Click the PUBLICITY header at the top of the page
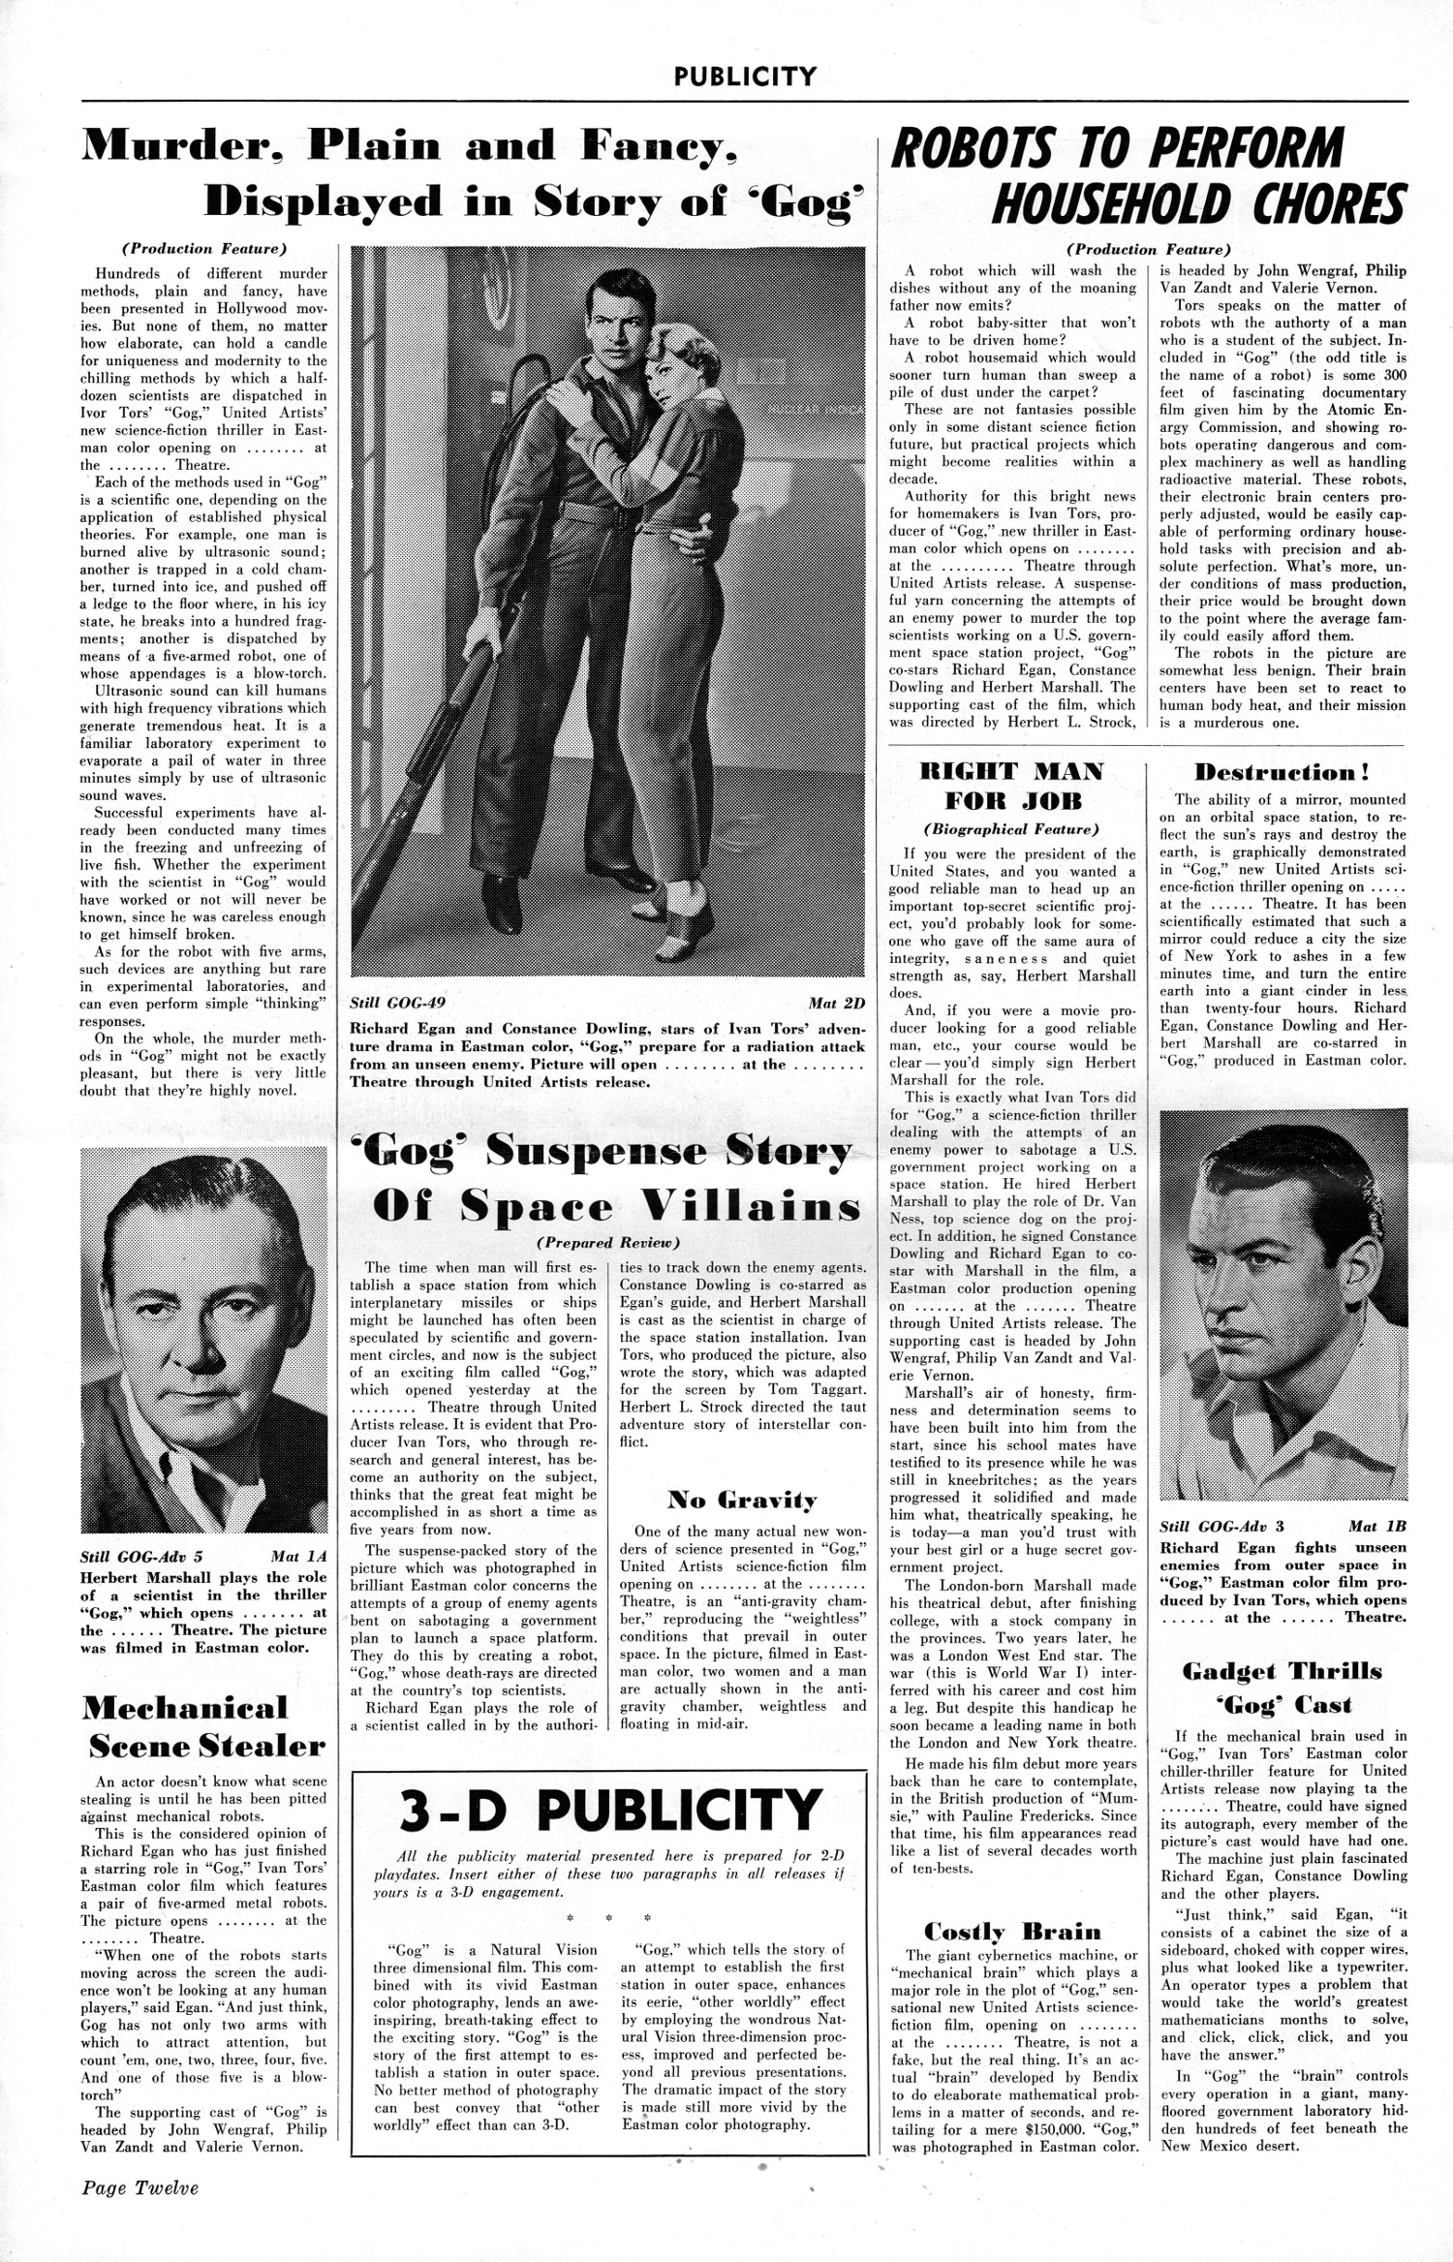[x=745, y=76]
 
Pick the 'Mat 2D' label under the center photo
[x=836, y=1003]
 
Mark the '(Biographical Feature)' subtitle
[x=1011, y=829]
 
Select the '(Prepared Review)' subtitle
[x=608, y=1242]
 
